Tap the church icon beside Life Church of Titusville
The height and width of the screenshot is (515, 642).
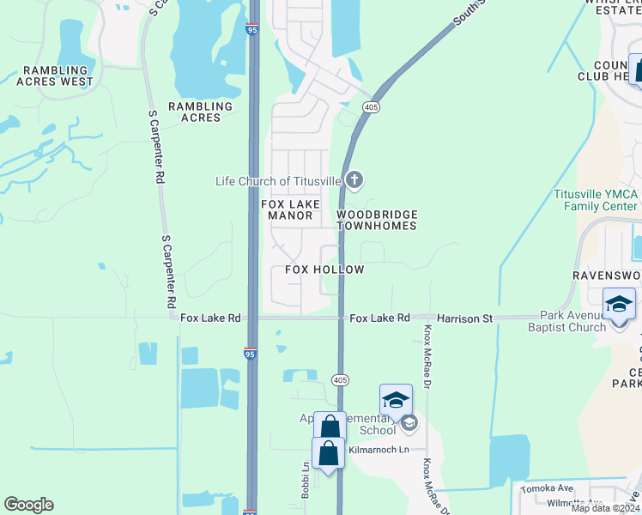click(354, 180)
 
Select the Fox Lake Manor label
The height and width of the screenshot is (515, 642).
click(290, 209)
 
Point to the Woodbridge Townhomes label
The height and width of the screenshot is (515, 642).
click(377, 220)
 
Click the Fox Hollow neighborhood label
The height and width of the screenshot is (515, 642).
click(324, 270)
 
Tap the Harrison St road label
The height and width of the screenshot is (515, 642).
click(464, 318)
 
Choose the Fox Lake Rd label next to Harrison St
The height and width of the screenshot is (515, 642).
click(379, 318)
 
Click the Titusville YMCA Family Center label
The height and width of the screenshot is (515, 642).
click(597, 200)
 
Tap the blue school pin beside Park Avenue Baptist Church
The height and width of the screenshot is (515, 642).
click(620, 306)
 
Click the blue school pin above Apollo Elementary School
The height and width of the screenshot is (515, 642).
click(396, 400)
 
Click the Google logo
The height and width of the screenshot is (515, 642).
click(28, 505)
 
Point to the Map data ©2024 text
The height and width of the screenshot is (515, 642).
click(606, 508)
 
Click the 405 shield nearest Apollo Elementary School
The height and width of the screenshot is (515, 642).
click(340, 379)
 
